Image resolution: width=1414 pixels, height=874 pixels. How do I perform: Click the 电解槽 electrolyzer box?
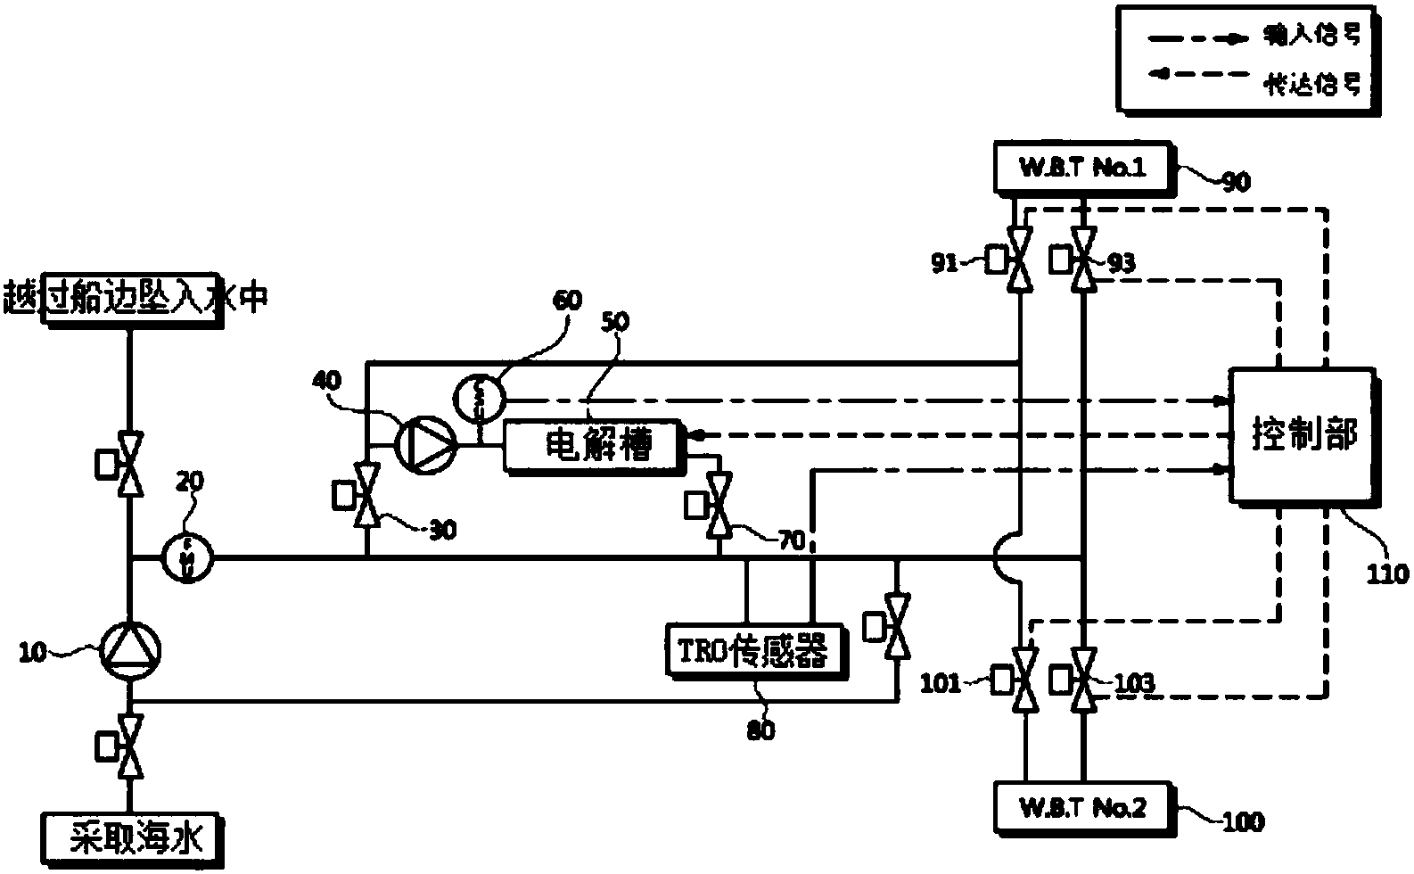click(x=595, y=444)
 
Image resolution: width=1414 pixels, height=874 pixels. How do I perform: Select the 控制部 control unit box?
click(x=1303, y=436)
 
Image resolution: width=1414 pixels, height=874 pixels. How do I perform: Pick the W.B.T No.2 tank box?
click(x=1082, y=807)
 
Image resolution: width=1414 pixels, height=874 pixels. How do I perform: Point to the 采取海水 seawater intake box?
click(x=132, y=839)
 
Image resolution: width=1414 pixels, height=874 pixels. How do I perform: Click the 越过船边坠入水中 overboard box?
click(x=134, y=299)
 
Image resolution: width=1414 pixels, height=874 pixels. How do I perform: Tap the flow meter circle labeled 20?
click(x=188, y=558)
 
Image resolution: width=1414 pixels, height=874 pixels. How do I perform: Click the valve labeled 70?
click(x=718, y=505)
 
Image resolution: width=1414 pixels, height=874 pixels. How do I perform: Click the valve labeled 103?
click(x=1083, y=681)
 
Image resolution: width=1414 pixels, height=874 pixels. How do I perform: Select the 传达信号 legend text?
click(x=1314, y=85)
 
